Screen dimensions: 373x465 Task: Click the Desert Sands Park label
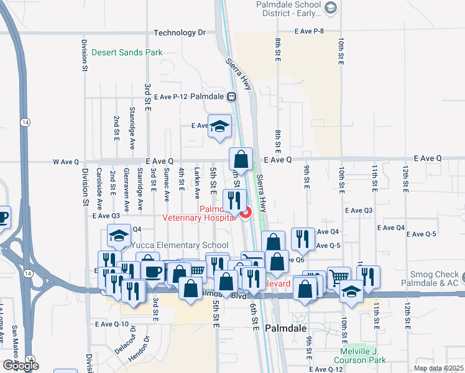127,53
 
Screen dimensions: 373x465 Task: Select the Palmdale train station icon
231,97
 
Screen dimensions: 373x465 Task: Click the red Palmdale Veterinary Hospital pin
246,213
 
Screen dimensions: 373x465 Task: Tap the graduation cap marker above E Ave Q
219,127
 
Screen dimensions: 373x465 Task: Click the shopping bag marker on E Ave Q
241,160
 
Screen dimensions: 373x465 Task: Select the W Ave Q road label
66,162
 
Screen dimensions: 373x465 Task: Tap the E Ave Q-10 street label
112,324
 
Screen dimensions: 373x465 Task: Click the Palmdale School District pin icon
331,7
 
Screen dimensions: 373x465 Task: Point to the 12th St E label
405,177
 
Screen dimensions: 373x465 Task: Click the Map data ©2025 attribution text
438,368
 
